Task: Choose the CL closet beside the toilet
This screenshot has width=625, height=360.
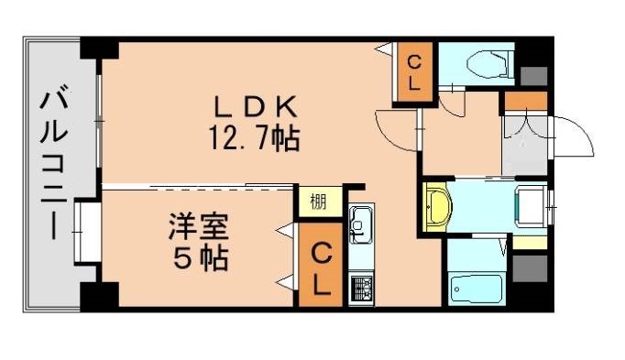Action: tap(414, 72)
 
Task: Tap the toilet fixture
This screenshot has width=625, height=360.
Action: tap(483, 65)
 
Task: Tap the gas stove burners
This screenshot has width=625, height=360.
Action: tap(360, 288)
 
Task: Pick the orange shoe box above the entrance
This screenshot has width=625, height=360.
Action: tap(525, 101)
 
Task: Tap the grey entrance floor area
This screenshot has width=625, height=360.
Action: tap(524, 144)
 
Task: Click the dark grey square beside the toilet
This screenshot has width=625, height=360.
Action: tap(532, 75)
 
